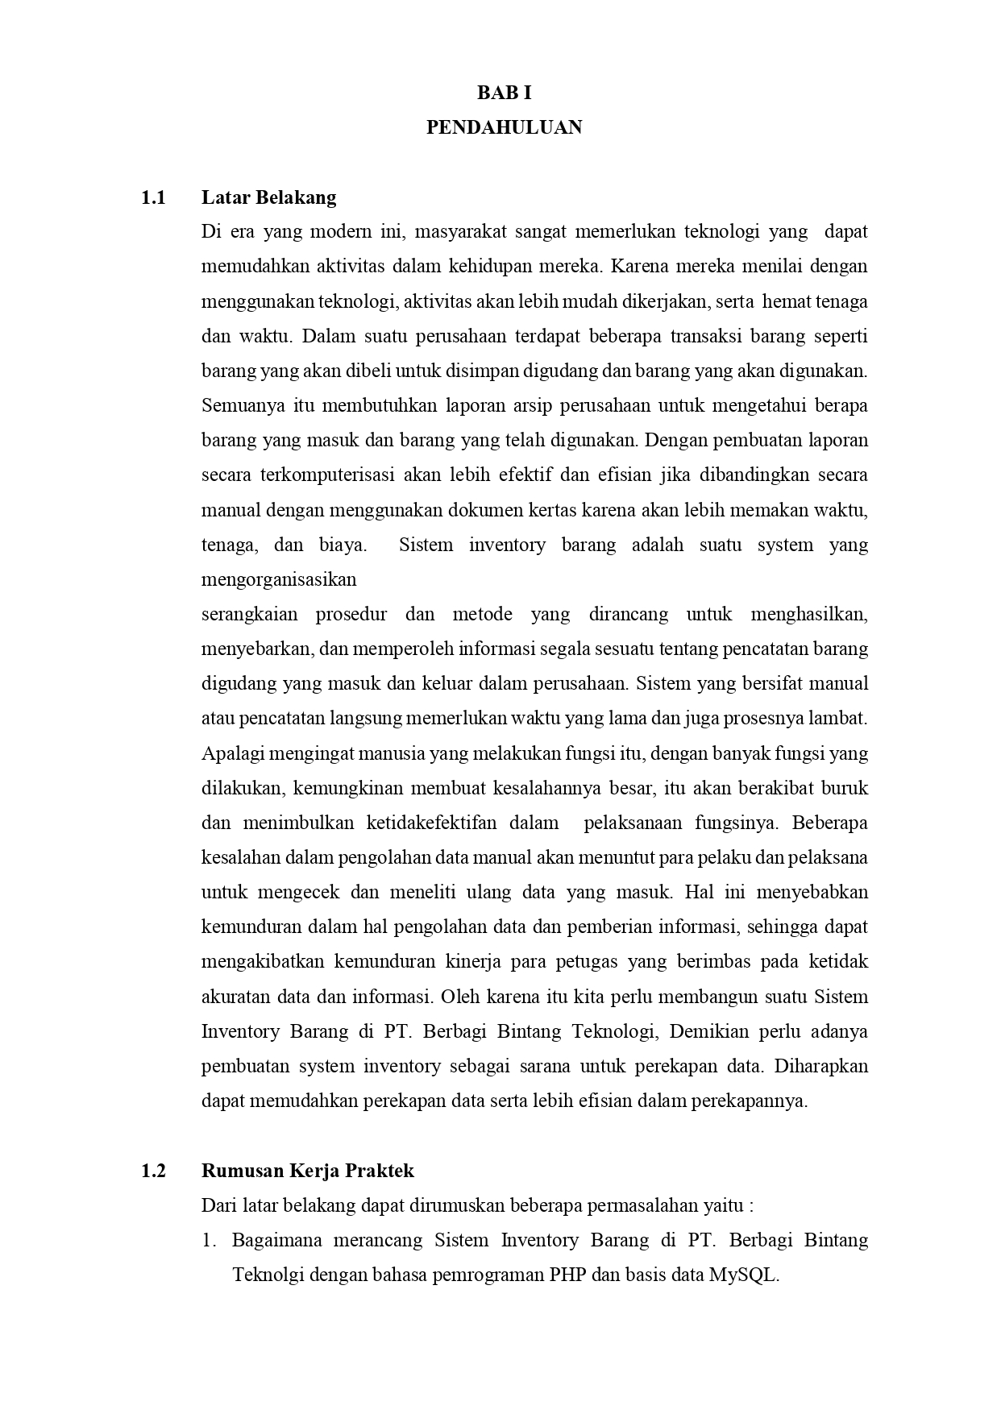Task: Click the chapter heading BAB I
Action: click(x=504, y=93)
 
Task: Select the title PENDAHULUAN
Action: click(x=504, y=127)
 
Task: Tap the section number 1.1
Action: click(x=153, y=197)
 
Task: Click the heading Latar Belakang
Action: click(x=268, y=197)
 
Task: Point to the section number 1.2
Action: click(x=153, y=1171)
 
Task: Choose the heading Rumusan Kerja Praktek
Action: click(x=307, y=1171)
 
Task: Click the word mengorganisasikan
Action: click(x=278, y=579)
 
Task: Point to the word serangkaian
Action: click(x=249, y=614)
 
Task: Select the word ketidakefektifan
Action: click(x=432, y=823)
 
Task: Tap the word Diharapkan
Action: click(x=820, y=1066)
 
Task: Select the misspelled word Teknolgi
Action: click(x=268, y=1275)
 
